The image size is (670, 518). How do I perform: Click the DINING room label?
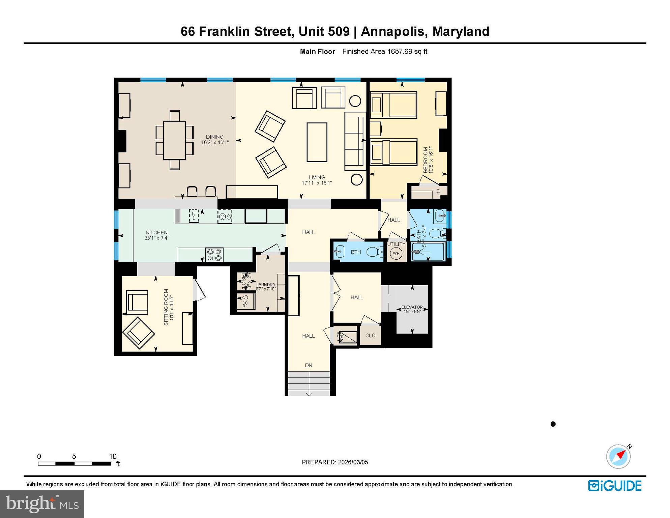pos(215,137)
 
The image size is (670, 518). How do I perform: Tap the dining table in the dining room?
pos(174,140)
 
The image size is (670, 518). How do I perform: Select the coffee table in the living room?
pos(317,142)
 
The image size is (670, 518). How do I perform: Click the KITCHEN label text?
pos(156,232)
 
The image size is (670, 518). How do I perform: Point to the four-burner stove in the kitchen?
pos(214,255)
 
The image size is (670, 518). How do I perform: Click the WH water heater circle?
pos(396,254)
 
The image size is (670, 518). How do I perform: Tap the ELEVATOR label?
pos(412,307)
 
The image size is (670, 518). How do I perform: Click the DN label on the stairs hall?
pos(309,365)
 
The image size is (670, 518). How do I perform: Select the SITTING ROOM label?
pos(166,307)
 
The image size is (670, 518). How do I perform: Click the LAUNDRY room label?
pos(266,285)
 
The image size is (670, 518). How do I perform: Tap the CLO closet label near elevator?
pos(370,336)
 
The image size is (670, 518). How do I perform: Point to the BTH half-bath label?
pos(356,252)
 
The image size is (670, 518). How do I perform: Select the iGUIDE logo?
pos(615,486)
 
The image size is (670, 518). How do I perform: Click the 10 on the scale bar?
pos(113,456)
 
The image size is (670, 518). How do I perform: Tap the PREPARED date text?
pos(335,462)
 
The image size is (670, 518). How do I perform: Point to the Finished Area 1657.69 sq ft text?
pos(385,52)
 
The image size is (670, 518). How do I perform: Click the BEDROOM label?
pos(426,160)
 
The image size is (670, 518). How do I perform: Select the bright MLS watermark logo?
pos(42,504)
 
